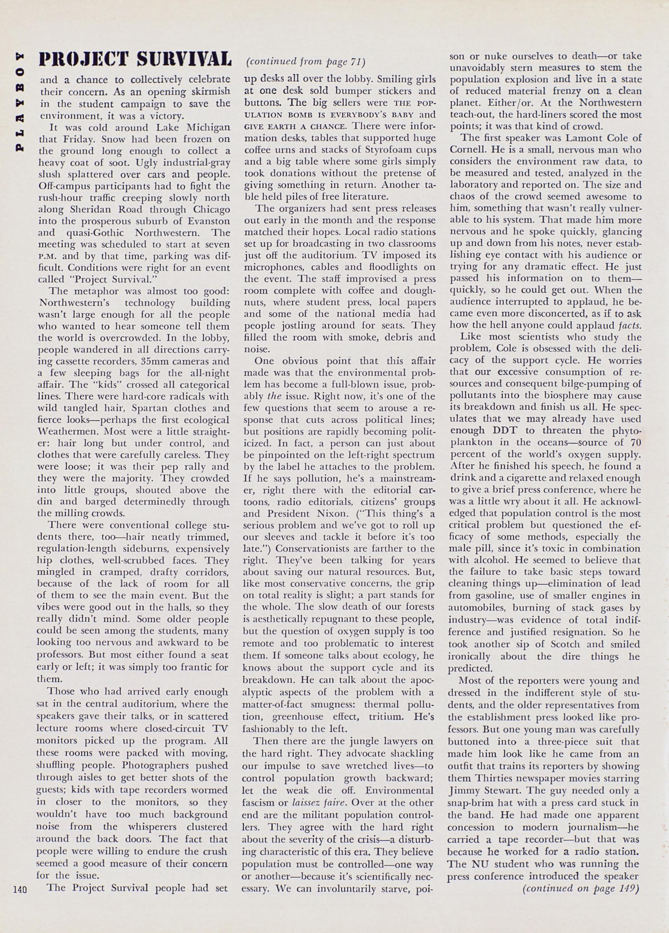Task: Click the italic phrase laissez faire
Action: coord(316,803)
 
